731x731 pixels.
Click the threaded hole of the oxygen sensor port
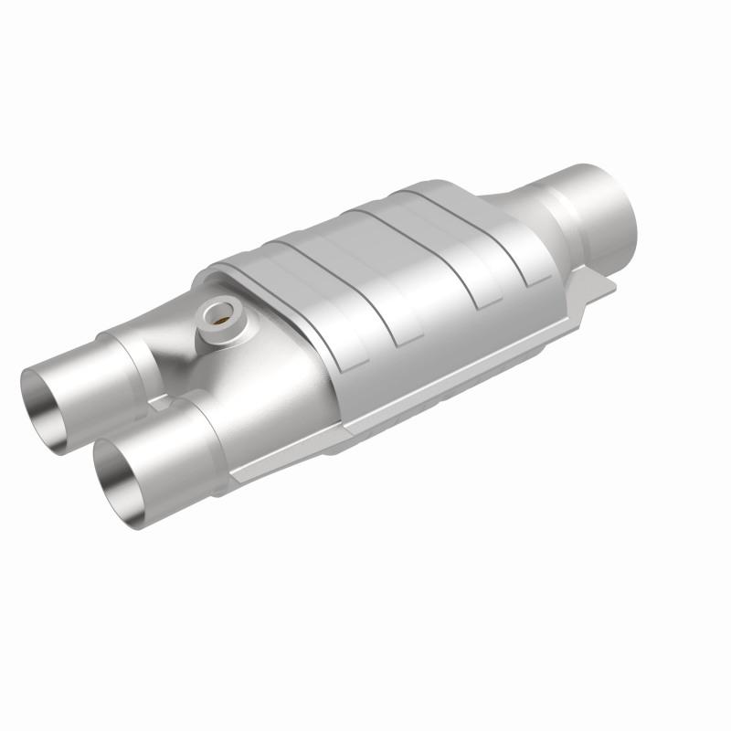click(x=219, y=317)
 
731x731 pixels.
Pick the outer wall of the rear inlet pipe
click(x=91, y=365)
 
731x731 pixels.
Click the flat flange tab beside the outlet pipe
click(x=599, y=291)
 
